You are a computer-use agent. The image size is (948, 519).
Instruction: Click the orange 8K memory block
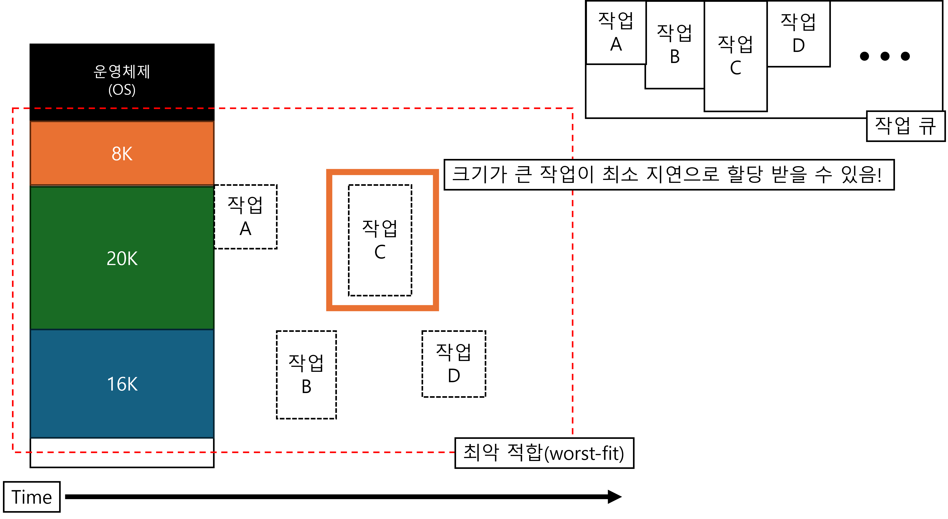click(x=122, y=153)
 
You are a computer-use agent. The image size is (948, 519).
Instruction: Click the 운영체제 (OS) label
click(x=122, y=80)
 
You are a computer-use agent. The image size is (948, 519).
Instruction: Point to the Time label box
click(x=32, y=497)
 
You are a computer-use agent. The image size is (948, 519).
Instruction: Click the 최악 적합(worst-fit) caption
click(x=544, y=453)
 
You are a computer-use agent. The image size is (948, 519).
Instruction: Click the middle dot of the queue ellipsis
click(x=885, y=56)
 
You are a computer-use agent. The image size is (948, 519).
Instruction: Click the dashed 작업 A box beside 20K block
click(x=246, y=216)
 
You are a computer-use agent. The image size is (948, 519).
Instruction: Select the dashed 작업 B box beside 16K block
click(x=306, y=375)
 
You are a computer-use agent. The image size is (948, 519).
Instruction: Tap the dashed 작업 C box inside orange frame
click(x=380, y=240)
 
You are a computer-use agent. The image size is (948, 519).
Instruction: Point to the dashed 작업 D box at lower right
click(x=454, y=364)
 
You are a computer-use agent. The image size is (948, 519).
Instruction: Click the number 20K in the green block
click(x=122, y=258)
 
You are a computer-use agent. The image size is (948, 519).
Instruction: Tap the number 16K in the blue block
click(x=122, y=384)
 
